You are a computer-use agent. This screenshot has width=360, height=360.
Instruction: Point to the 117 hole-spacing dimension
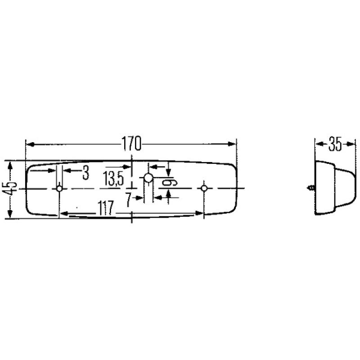pyautogui.click(x=104, y=207)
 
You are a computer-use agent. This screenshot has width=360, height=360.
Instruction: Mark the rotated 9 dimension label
pyautogui.click(x=171, y=182)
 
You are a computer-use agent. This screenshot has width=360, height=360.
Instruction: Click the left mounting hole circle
pyautogui.click(x=59, y=189)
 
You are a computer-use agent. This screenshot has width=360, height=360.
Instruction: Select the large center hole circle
pyautogui.click(x=148, y=178)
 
